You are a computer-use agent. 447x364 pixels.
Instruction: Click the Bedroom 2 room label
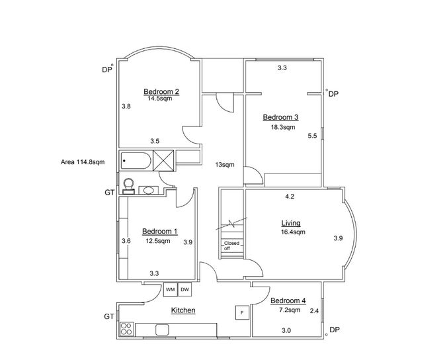[161, 91]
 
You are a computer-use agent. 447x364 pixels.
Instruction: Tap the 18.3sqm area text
[283, 127]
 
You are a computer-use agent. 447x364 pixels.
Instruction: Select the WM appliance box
[170, 290]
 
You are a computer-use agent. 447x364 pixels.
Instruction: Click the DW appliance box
[184, 290]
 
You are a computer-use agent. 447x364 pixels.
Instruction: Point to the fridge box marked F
[242, 312]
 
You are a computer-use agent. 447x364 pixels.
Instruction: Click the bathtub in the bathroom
[136, 161]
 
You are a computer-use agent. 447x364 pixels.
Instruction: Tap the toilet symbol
[128, 186]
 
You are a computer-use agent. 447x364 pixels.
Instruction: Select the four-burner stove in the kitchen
[126, 329]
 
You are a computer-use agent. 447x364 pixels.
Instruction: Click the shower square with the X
[163, 160]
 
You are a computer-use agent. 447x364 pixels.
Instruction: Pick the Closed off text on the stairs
[231, 246]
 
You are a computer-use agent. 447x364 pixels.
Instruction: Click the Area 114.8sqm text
[83, 162]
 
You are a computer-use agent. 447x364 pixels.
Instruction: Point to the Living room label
[291, 223]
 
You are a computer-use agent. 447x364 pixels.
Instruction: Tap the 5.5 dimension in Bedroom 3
[313, 136]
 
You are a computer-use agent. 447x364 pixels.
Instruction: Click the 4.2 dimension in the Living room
[290, 197]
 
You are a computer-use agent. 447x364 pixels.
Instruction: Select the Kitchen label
[183, 310]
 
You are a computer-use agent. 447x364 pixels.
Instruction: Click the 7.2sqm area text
[290, 310]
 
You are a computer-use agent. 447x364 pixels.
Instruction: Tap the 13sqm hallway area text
[225, 165]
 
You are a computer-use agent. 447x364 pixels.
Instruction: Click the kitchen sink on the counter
[162, 330]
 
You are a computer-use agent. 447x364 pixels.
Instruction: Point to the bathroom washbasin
[148, 191]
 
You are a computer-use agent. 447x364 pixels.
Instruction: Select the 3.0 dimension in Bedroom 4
[286, 331]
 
